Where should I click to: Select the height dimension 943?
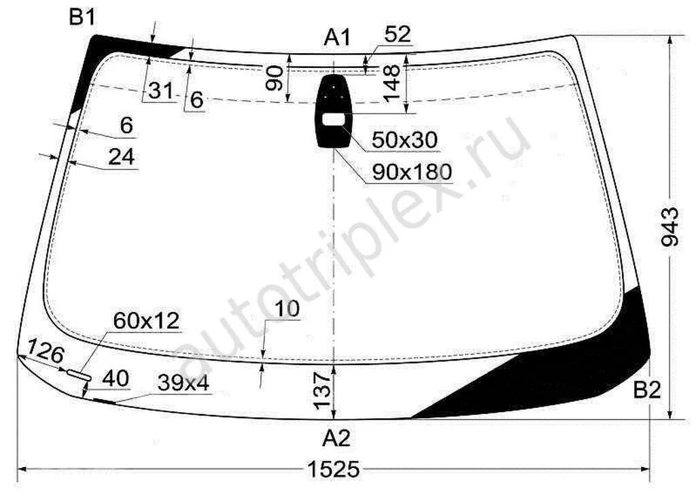669,226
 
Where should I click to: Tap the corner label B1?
82,18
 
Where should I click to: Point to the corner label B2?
647,391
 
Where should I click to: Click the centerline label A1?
337,37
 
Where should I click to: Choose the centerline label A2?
336,439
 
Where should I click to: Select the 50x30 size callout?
405,140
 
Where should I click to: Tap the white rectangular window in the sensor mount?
333,119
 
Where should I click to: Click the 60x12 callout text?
147,320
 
